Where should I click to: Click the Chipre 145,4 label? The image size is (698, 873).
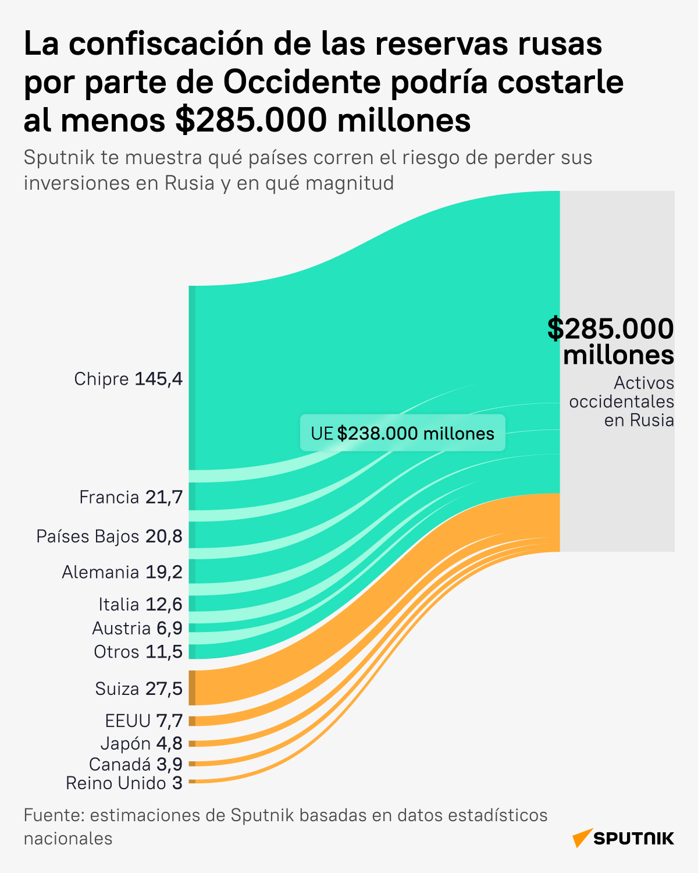click(128, 379)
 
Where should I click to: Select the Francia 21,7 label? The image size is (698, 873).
click(131, 497)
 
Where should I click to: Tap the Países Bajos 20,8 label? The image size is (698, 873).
click(109, 536)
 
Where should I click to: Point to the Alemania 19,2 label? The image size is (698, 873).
click(122, 572)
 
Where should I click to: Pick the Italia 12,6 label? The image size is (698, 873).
click(140, 604)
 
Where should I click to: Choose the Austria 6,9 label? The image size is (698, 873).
click(137, 628)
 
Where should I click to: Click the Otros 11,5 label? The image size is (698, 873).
click(138, 651)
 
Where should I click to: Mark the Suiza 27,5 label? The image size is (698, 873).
click(139, 689)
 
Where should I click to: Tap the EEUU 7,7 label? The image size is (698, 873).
click(144, 721)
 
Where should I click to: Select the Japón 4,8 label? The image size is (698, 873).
click(141, 743)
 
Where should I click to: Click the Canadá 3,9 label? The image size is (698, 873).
click(136, 764)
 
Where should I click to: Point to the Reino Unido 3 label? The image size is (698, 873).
click(124, 783)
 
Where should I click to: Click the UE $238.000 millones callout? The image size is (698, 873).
click(403, 433)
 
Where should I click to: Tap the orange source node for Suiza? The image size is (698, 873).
click(192, 688)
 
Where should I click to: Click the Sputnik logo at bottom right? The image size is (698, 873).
click(623, 838)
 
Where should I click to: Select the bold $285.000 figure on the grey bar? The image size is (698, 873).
click(611, 329)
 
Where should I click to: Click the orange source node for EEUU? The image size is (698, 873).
click(192, 721)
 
